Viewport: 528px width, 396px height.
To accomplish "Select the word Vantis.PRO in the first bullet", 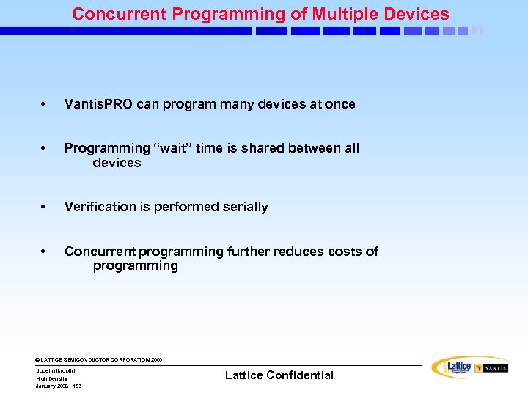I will (x=98, y=104).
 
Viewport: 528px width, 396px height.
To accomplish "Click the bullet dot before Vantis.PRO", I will (x=45, y=105).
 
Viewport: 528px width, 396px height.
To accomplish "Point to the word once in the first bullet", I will (x=340, y=104).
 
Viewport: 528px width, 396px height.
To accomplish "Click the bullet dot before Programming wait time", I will (x=45, y=149).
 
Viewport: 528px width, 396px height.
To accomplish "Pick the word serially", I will (x=243, y=207).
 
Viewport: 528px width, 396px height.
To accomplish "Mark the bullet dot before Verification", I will (x=45, y=208).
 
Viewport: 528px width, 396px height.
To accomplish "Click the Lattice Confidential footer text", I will (x=279, y=375).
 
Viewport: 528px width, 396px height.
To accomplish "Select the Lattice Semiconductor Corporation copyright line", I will (x=99, y=360).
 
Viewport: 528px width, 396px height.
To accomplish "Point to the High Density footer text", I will (x=51, y=378).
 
